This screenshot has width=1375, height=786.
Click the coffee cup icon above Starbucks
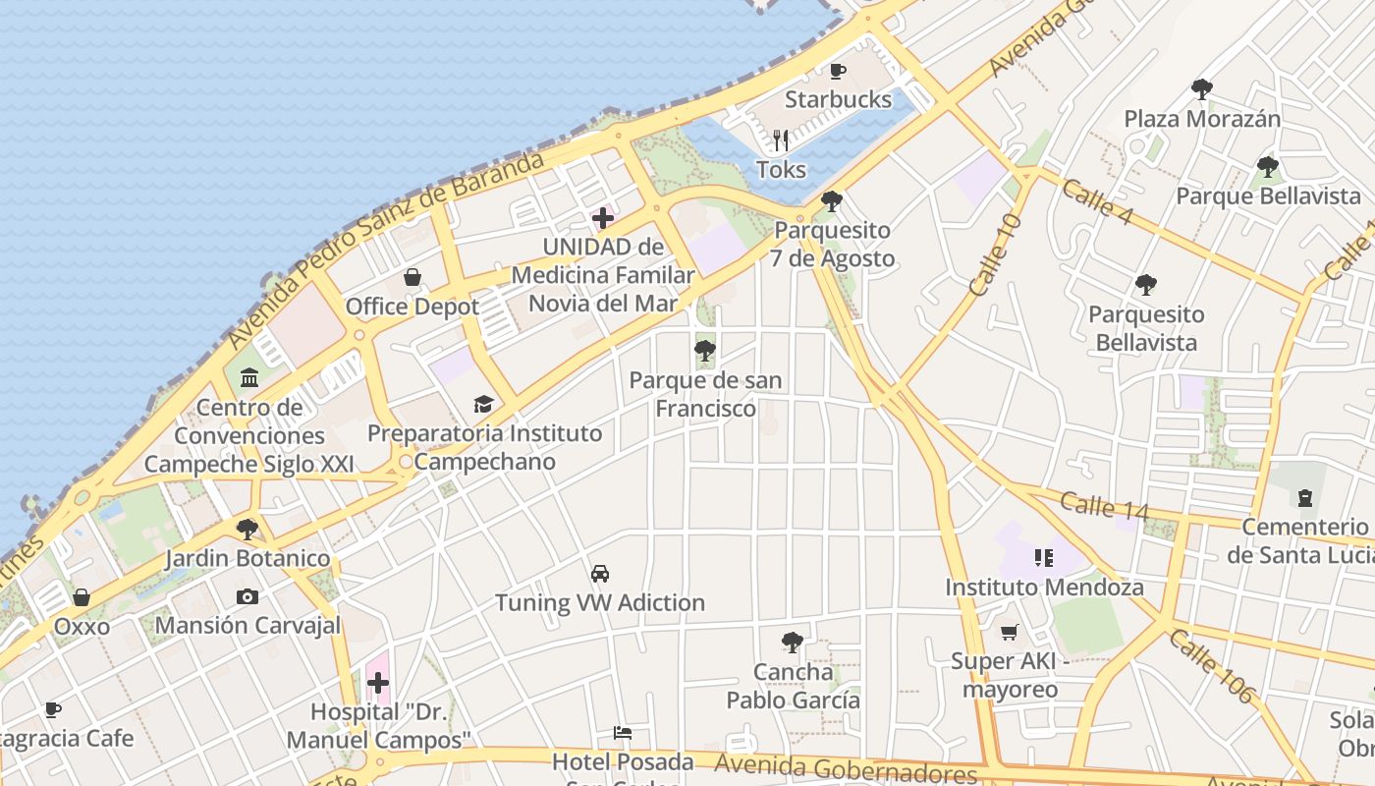click(838, 71)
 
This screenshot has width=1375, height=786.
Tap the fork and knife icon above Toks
click(781, 140)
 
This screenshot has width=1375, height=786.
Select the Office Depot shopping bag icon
click(412, 278)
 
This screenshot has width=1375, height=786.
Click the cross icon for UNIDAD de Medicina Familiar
click(603, 217)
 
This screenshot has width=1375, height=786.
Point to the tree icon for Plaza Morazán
click(1201, 89)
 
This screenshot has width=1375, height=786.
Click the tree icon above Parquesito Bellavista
click(1145, 285)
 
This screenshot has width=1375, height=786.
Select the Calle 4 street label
click(1099, 201)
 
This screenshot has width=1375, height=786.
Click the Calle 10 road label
click(995, 255)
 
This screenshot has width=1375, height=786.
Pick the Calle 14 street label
click(1105, 505)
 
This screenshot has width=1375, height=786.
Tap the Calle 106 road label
click(1212, 665)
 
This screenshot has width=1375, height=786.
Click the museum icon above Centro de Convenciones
click(249, 377)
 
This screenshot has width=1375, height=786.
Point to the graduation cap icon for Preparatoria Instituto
click(483, 404)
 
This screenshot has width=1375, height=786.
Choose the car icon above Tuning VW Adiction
click(599, 573)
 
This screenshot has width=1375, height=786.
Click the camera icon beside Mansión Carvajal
click(247, 596)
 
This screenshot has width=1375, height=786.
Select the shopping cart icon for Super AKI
click(1010, 632)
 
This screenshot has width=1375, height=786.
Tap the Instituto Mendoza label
click(1044, 588)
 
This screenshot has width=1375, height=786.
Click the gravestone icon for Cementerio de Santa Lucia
click(1304, 498)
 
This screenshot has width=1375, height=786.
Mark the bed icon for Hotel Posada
click(622, 732)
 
